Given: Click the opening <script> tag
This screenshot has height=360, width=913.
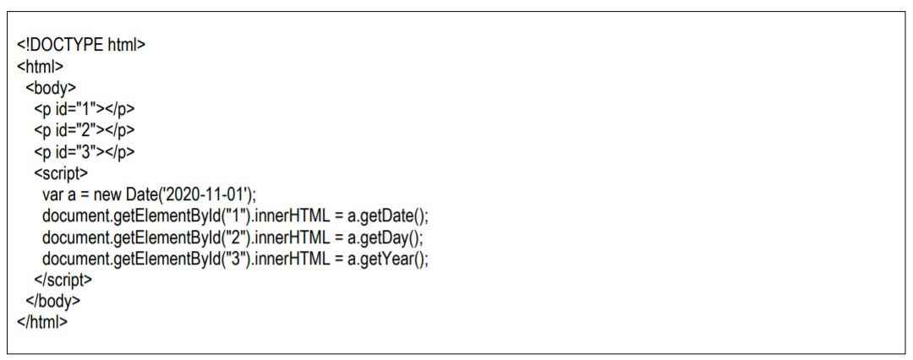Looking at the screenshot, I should point(60,173).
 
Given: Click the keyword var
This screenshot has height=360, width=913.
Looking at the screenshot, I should point(53,194).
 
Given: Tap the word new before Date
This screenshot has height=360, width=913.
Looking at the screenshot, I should point(109,194).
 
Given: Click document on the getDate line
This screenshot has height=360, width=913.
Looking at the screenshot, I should point(75,215).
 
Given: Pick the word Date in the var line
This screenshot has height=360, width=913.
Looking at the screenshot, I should point(145,194).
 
